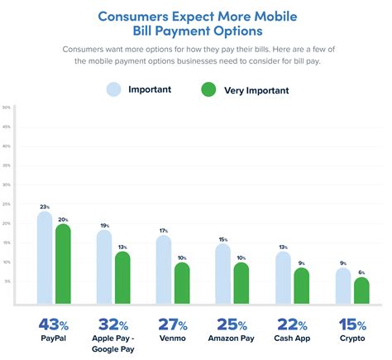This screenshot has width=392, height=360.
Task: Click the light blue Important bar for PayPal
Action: click(45, 258)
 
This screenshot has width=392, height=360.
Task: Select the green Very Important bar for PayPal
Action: click(63, 264)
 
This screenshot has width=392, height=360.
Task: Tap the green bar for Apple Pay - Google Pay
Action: click(122, 278)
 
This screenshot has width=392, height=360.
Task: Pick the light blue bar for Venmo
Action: click(164, 270)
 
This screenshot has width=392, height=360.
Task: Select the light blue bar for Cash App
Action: click(283, 278)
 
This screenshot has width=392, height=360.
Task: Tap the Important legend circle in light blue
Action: click(114, 89)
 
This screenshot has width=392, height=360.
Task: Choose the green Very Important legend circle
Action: click(207, 89)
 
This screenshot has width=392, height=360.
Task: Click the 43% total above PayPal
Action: click(53, 324)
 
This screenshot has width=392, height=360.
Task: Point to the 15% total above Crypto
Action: click(351, 324)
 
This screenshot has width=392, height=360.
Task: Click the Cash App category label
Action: click(291, 339)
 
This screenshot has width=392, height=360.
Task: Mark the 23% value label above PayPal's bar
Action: click(44, 207)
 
